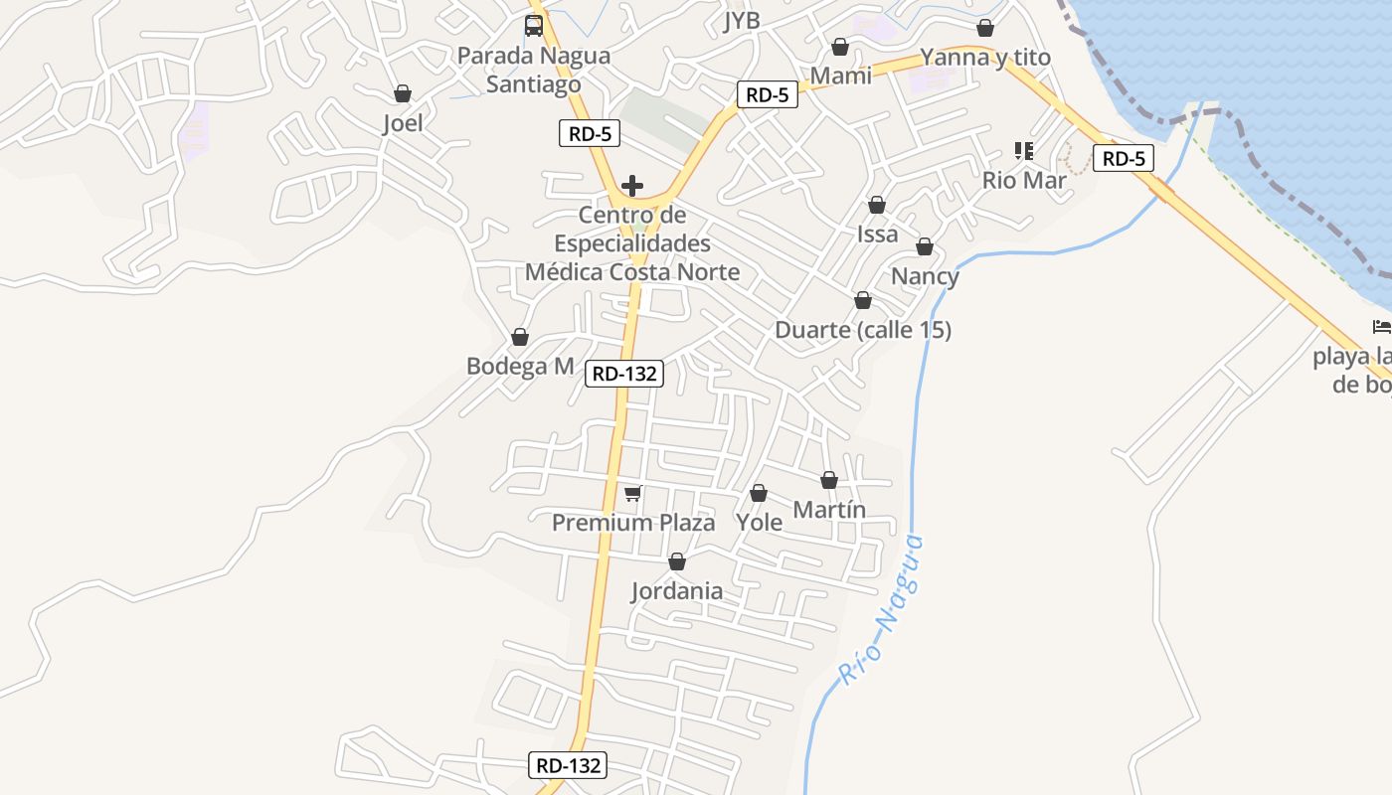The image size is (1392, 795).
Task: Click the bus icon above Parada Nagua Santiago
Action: coord(534,26)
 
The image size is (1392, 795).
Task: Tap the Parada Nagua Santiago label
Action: coord(534,70)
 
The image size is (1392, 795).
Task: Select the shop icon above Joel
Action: coord(403,93)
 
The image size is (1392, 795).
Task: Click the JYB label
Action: coord(742,21)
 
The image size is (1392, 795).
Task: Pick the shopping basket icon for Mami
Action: coord(840,47)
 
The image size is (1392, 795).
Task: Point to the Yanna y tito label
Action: coord(985,58)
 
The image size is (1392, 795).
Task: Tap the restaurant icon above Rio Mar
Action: coord(1024,151)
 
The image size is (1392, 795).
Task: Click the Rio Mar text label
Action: coord(1024,181)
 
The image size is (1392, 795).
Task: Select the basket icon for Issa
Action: coord(877,205)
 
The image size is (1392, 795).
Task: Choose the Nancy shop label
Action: coord(925,276)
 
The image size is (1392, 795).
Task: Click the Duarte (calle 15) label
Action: coord(863,330)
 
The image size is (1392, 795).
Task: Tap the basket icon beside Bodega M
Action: coord(519,338)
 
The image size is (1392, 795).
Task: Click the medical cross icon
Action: coord(632,186)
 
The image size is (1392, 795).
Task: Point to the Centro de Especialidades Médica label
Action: coord(632,243)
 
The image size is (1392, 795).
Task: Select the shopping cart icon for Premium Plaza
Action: coord(632,493)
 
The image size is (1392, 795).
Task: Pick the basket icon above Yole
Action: coord(759,493)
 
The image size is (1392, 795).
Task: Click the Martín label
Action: coord(829,511)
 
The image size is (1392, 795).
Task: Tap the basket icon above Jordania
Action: coord(677,562)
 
